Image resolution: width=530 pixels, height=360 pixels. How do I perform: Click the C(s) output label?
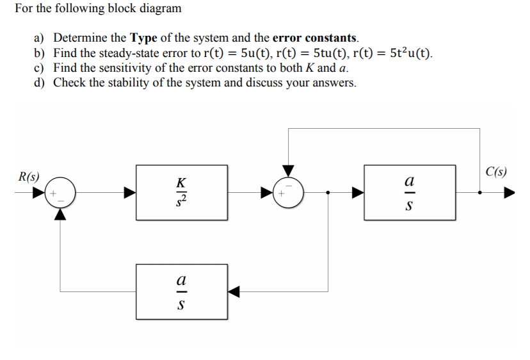pos(496,171)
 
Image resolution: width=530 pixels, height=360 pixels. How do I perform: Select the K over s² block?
pos(182,192)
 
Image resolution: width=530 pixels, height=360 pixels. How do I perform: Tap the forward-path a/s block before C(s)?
pos(410,192)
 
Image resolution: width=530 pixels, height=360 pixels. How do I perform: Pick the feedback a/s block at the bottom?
pos(182,291)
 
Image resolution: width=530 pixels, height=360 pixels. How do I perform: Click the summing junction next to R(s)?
pos(60,192)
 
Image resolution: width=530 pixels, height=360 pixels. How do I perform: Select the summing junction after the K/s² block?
pos(289,192)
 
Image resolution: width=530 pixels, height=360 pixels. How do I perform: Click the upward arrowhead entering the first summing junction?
pos(60,214)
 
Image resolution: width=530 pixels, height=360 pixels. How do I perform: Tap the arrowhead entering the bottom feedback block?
pos(235,292)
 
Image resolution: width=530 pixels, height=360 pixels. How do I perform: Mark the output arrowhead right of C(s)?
pos(509,192)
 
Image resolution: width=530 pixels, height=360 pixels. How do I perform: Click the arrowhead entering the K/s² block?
pos(129,192)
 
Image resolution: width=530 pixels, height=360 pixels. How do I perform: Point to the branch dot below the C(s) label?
pos(480,192)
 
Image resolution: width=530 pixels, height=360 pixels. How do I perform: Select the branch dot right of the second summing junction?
pos(328,192)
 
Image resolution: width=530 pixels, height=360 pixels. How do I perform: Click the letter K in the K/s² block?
pos(182,182)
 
